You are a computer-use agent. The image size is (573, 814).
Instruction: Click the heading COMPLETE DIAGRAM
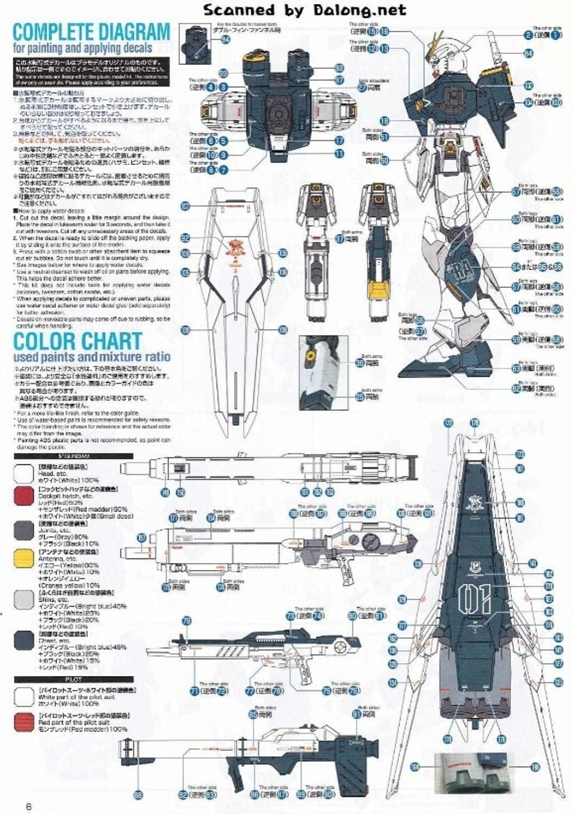pos(91,31)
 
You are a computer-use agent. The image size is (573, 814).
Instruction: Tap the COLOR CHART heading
pos(78,340)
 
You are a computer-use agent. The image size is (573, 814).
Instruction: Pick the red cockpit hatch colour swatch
pos(25,496)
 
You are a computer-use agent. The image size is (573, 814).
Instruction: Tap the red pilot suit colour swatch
pos(25,722)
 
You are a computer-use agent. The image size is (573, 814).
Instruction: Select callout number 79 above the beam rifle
pos(187,620)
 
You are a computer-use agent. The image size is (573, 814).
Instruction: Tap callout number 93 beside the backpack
pos(339,68)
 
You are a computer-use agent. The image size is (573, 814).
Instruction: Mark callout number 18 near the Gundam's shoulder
pos(384,121)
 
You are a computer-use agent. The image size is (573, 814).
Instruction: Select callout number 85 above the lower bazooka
pos(253,714)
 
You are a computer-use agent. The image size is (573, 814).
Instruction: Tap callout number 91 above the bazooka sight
pos(356,714)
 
